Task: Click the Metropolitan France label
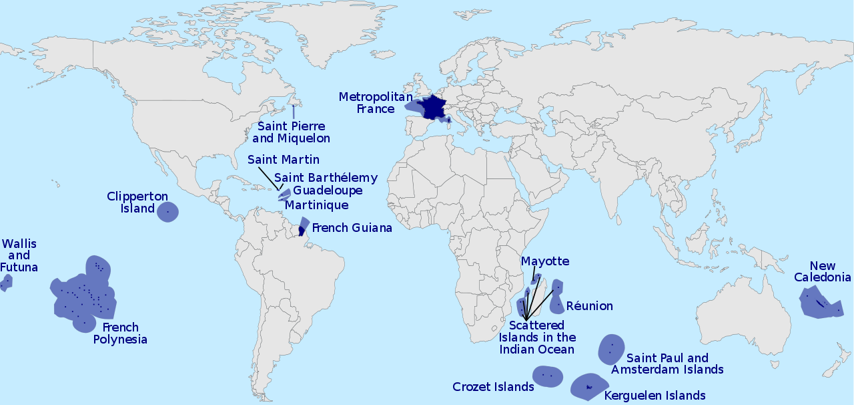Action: pos(375,102)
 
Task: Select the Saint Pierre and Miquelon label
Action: pos(291,132)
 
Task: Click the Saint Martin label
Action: pos(283,160)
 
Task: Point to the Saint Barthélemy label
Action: pos(326,178)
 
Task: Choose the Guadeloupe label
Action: pos(328,190)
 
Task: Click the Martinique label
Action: pos(316,205)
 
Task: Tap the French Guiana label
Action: pos(352,228)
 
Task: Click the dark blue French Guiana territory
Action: pos(302,231)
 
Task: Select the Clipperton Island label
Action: pos(130,202)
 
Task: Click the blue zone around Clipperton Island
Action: pos(167,212)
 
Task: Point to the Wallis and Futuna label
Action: pos(19,255)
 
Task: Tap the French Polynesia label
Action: pos(120,333)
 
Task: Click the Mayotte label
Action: pos(545,261)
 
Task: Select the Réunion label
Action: pos(589,306)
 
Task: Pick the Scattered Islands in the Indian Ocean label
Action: pos(537,337)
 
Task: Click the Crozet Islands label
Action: pos(493,387)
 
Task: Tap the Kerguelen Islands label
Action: pos(655,395)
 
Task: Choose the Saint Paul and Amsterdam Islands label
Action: pos(667,364)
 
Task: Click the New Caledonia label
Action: pos(822,271)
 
